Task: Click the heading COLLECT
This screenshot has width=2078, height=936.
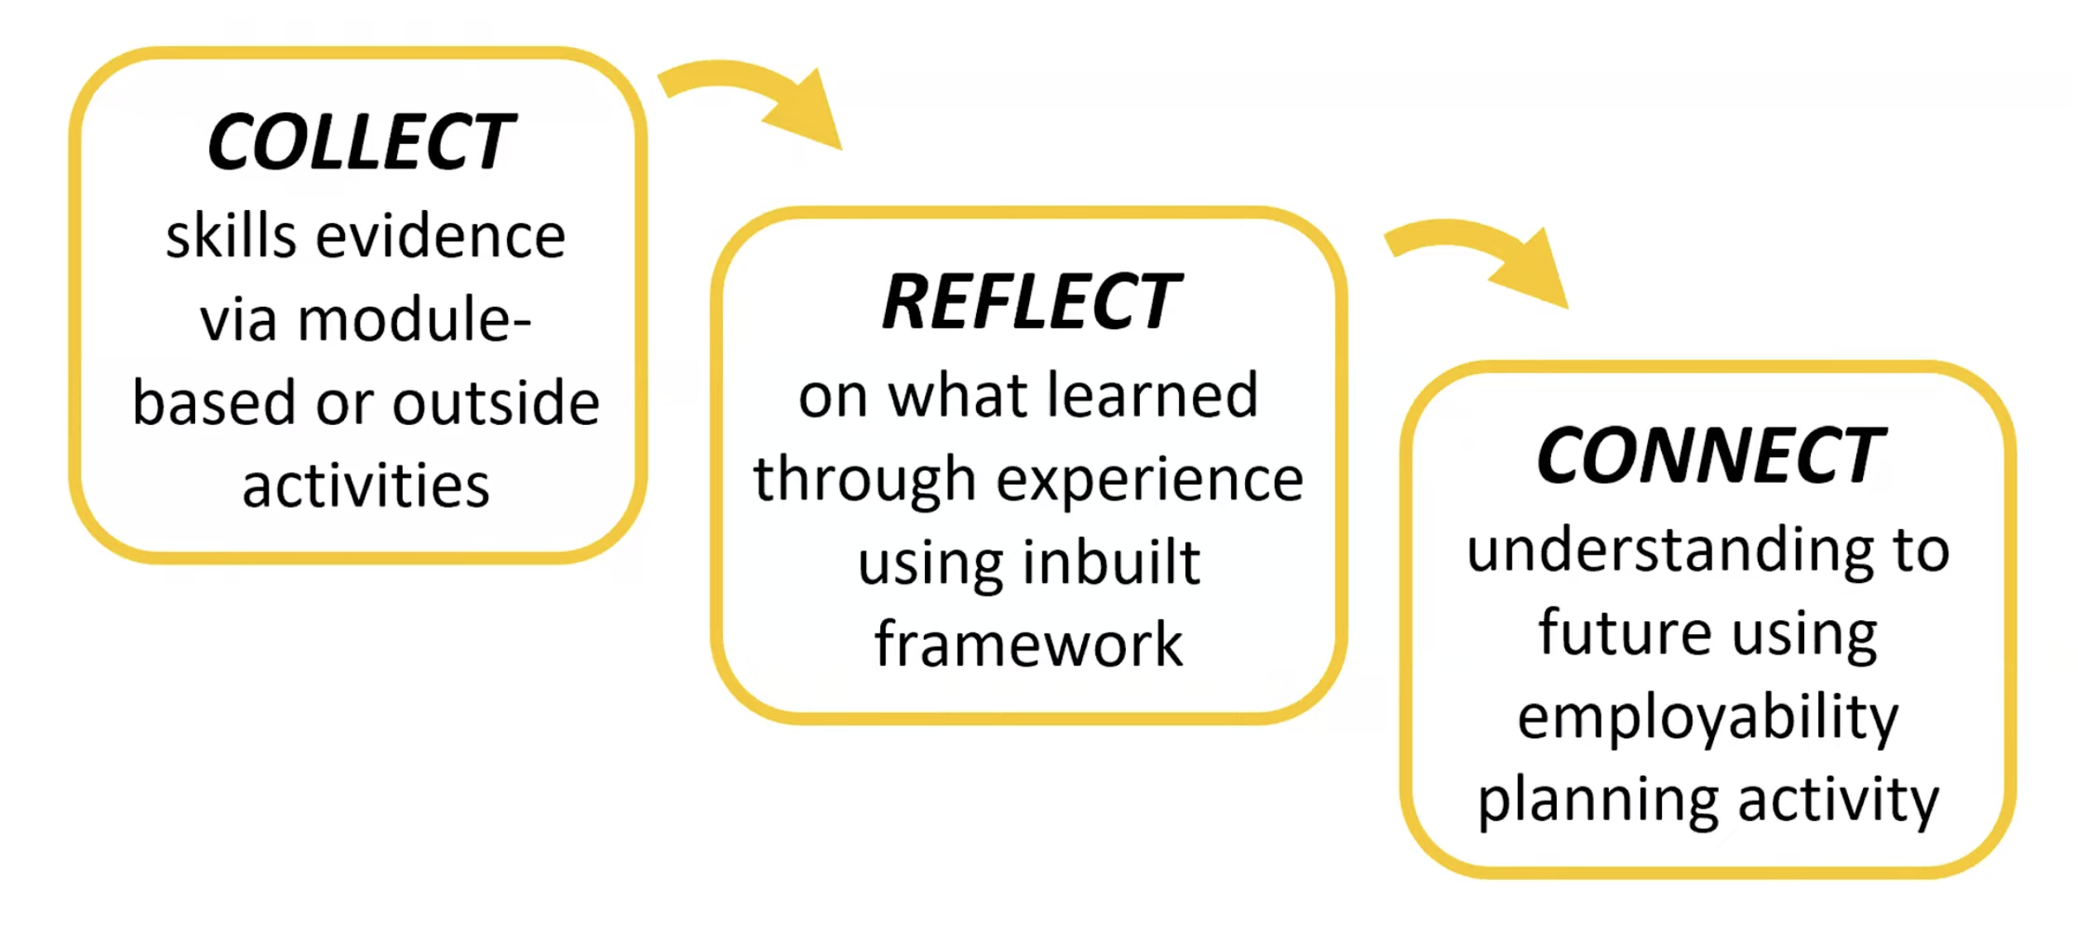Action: click(361, 142)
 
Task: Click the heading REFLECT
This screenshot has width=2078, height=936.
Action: click(1031, 302)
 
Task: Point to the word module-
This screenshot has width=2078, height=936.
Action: click(414, 320)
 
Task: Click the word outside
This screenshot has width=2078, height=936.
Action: click(496, 404)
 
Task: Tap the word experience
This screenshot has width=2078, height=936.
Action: click(1150, 480)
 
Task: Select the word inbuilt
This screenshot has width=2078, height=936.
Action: click(1111, 563)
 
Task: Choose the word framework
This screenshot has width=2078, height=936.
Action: click(1028, 645)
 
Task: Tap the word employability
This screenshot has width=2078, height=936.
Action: click(1708, 718)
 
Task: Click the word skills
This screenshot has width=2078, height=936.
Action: click(231, 237)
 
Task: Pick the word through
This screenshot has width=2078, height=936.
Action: click(864, 481)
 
